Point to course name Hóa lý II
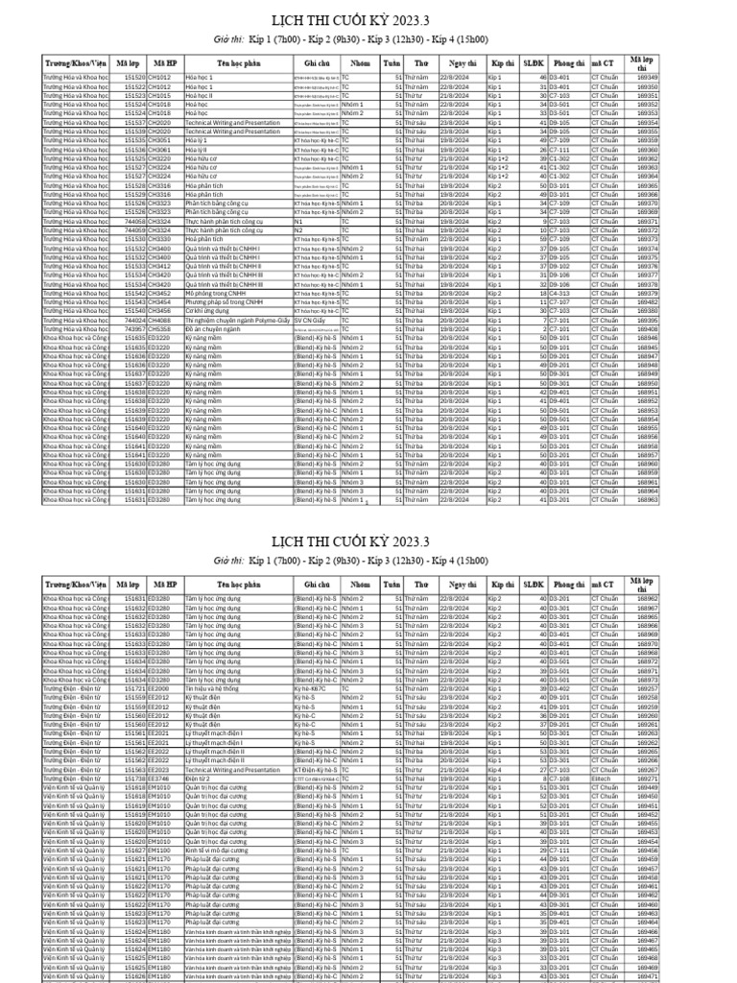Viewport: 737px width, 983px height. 197,150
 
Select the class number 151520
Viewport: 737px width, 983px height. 131,76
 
